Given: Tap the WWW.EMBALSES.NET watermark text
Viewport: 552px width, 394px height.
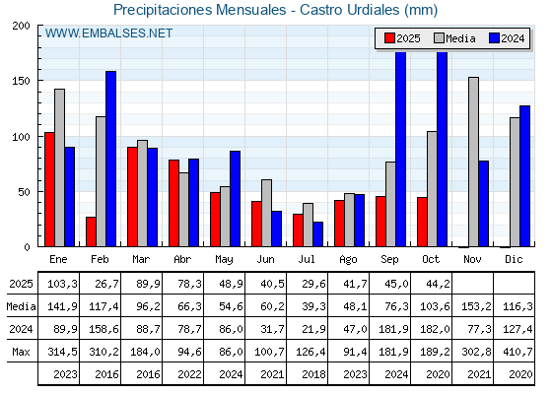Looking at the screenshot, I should (x=108, y=33).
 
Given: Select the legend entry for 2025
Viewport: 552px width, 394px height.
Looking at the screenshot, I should (x=401, y=38).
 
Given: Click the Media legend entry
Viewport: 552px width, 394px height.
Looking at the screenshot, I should (x=453, y=38).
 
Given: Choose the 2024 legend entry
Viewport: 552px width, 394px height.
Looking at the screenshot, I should (x=507, y=38).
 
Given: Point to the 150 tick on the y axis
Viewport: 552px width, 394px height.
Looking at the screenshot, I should (x=23, y=81).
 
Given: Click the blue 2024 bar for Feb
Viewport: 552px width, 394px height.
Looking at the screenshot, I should (x=111, y=158).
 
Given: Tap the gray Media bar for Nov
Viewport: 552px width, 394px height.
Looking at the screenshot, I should (x=473, y=162).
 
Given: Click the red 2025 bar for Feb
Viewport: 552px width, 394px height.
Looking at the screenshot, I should (x=91, y=231).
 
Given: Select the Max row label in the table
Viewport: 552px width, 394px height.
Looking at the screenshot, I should (x=21, y=352).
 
